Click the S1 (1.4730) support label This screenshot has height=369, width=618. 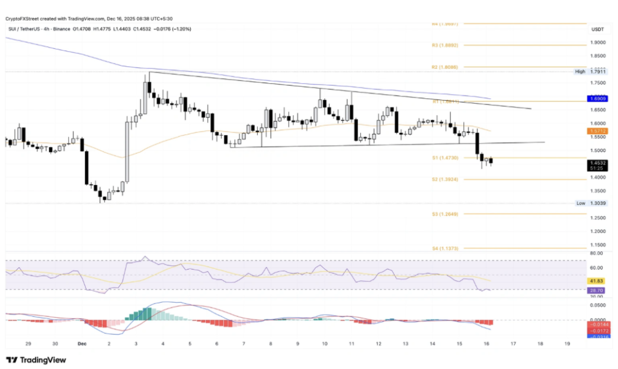point(446,157)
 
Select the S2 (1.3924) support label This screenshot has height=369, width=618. point(446,179)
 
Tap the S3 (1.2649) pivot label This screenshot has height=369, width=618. point(446,214)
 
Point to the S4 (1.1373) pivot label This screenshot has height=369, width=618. point(446,248)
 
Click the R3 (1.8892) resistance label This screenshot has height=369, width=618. point(446,45)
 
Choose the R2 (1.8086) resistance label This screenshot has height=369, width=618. point(446,67)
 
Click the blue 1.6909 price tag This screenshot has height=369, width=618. point(597,98)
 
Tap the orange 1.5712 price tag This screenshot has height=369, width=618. point(597,130)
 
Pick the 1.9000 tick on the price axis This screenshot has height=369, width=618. point(597,42)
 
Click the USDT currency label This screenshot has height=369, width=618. point(597,28)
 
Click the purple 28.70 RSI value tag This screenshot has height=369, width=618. point(597,290)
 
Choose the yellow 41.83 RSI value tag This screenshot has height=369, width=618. point(597,281)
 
